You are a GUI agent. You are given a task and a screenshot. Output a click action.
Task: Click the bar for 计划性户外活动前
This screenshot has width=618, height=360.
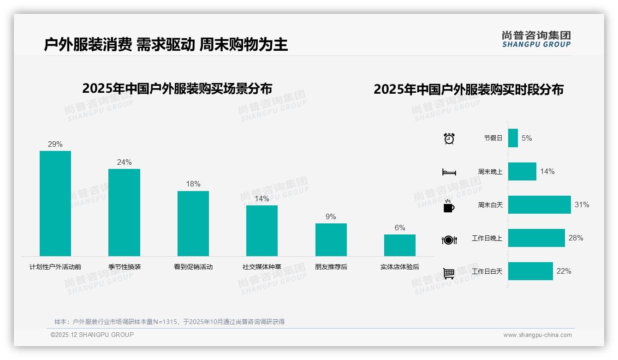point(55,203)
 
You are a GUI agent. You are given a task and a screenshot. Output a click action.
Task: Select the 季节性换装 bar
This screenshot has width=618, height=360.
point(124,212)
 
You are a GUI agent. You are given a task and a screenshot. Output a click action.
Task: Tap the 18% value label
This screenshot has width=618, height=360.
point(193,184)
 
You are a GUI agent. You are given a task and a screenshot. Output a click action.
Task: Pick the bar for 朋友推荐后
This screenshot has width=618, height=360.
point(331,240)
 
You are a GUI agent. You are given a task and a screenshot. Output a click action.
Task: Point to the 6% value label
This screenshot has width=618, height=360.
point(400,228)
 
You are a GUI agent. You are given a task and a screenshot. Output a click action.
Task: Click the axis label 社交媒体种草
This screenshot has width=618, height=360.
point(262,267)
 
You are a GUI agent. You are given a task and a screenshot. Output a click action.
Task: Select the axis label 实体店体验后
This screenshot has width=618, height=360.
point(400,267)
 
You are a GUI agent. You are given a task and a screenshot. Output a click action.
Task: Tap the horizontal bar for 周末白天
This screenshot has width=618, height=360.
point(539,204)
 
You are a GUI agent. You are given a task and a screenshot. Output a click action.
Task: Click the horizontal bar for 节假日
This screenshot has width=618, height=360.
point(513,138)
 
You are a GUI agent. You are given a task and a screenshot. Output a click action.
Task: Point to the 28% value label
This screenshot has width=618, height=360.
point(576,238)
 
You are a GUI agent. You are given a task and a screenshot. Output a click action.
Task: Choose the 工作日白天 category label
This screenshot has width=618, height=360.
point(487,271)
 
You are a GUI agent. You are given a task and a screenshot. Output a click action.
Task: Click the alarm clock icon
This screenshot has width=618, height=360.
point(449,138)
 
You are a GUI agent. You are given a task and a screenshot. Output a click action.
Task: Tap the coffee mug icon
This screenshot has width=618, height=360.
point(449,206)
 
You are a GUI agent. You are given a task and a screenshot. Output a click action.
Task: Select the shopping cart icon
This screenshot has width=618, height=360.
point(449,273)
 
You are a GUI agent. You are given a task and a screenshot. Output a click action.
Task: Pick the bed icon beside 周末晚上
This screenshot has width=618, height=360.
point(449,172)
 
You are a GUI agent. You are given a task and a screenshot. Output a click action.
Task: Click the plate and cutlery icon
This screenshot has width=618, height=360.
point(449,240)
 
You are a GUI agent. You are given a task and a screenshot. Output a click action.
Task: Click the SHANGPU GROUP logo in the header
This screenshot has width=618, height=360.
point(536,39)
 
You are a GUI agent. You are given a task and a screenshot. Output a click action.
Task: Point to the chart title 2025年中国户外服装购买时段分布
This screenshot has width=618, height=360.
point(469,90)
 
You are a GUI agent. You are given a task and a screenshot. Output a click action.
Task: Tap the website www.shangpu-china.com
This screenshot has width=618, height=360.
point(537,335)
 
